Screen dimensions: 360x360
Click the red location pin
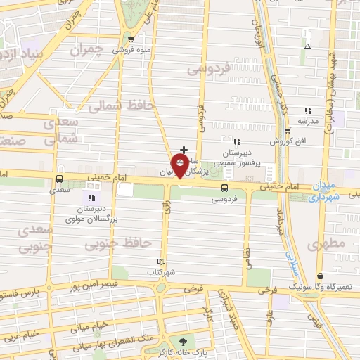180,166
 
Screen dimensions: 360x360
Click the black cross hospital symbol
184,150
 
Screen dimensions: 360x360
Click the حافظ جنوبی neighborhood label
117,243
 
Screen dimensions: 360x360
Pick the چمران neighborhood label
87,51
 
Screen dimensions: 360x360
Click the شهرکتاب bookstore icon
162,262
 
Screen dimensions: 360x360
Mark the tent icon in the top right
307,46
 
